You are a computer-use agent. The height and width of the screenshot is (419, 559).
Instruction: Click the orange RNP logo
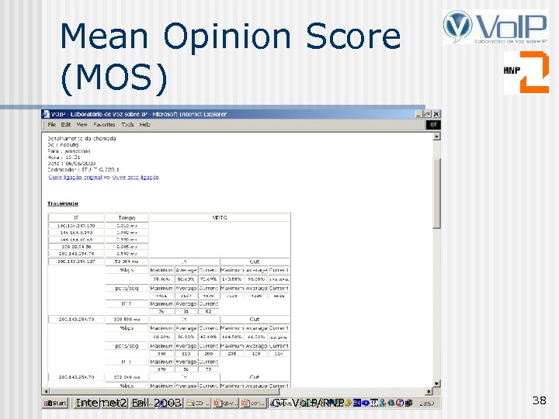pyautogui.click(x=525, y=72)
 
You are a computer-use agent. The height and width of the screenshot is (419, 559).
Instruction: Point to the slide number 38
pyautogui.click(x=540, y=400)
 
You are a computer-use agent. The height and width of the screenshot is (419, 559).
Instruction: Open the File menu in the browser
pyautogui.click(x=52, y=124)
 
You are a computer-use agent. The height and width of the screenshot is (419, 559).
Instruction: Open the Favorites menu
pyautogui.click(x=104, y=124)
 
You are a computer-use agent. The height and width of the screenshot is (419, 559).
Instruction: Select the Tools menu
pyautogui.click(x=127, y=124)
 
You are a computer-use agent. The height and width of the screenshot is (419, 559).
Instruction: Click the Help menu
pyautogui.click(x=145, y=124)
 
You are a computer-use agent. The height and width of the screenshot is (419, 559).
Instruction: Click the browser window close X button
pyautogui.click(x=436, y=113)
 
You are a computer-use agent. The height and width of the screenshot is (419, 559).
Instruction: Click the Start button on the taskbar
pyautogui.click(x=54, y=403)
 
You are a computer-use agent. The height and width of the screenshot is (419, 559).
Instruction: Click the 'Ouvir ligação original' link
pyautogui.click(x=71, y=177)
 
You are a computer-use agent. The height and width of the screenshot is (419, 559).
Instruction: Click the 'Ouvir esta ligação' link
pyautogui.click(x=137, y=177)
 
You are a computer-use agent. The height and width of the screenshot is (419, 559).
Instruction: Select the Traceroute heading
pyautogui.click(x=63, y=203)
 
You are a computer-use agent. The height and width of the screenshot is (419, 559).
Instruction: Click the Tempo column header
pyautogui.click(x=127, y=218)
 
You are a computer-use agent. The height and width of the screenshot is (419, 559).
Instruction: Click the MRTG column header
pyautogui.click(x=219, y=218)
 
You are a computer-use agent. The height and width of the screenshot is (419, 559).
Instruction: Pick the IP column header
pyautogui.click(x=76, y=218)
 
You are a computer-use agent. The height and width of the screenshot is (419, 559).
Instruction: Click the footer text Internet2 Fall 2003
pyautogui.click(x=129, y=403)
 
